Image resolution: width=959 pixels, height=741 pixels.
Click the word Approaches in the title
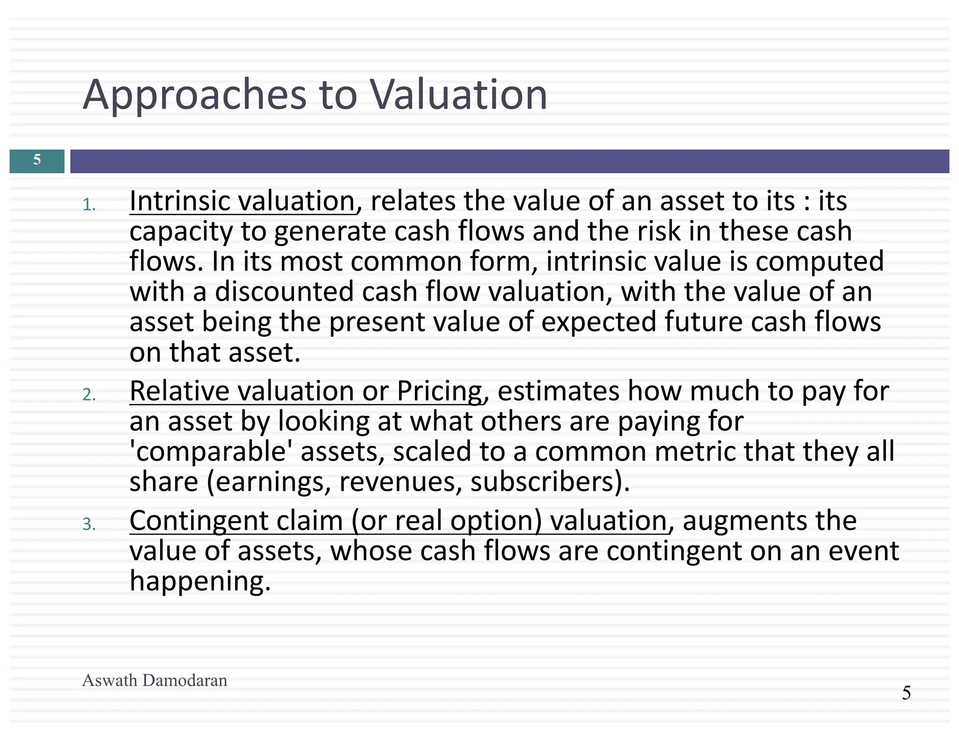194,95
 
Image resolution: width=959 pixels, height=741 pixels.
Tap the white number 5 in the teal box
37,160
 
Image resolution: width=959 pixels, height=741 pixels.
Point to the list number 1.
89,205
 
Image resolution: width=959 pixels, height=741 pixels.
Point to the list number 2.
89,395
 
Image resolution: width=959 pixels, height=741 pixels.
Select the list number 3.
89,525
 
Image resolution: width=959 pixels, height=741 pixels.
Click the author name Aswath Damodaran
155,680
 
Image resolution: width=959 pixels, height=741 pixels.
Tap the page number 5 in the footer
906,693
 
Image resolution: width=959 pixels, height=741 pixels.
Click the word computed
819,261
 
